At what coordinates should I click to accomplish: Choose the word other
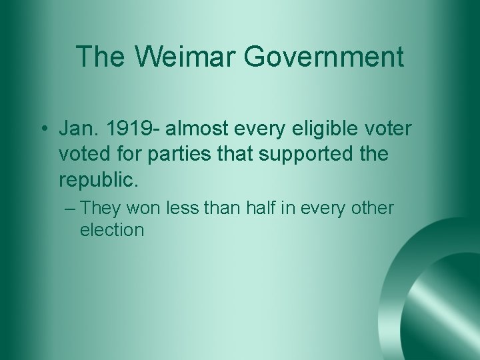point(372,208)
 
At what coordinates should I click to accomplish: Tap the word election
point(111,230)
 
